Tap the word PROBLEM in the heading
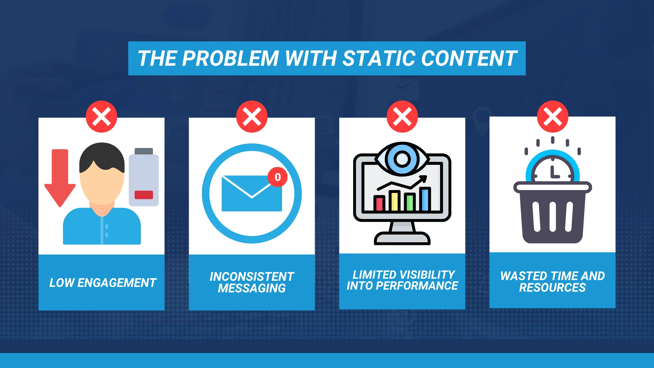pos(230,58)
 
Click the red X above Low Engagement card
pos(102,117)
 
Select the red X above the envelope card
pos(252,117)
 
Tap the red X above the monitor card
pos(402,117)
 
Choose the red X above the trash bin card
pos(552,117)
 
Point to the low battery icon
pos(144,177)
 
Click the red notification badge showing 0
pos(278,177)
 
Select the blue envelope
pos(252,194)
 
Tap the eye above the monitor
pos(402,159)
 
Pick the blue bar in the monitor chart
pos(425,199)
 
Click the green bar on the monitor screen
pos(410,202)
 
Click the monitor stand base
pos(402,238)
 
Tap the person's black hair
pos(102,157)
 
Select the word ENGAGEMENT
pos(117,283)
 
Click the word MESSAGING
pos(252,288)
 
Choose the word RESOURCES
pos(552,288)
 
